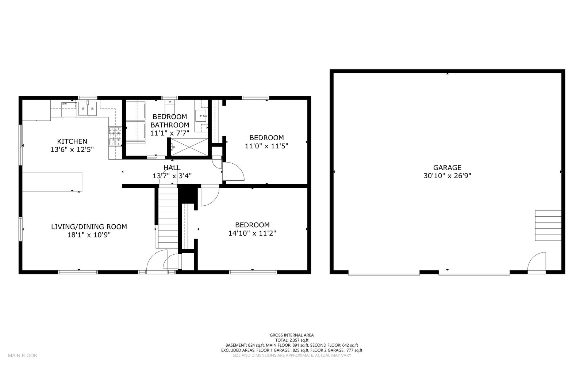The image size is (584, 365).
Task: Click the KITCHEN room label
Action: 72,141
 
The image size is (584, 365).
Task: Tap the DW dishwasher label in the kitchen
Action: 64,104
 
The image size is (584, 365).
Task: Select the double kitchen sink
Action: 87,109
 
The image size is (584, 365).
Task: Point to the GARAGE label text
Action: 447,168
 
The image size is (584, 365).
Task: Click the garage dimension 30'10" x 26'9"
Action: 447,176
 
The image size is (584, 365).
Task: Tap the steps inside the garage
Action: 548,225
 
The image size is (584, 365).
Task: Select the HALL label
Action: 172,168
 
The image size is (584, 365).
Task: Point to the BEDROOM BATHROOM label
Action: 170,121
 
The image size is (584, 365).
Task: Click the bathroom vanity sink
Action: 201,116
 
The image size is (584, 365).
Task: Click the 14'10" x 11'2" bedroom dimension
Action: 252,233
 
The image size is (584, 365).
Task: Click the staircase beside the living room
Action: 168,216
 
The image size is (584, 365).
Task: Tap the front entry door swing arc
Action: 156,261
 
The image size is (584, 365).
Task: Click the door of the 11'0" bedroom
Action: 234,171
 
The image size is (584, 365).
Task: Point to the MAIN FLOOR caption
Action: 22,356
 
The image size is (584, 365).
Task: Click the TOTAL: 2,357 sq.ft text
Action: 292,340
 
